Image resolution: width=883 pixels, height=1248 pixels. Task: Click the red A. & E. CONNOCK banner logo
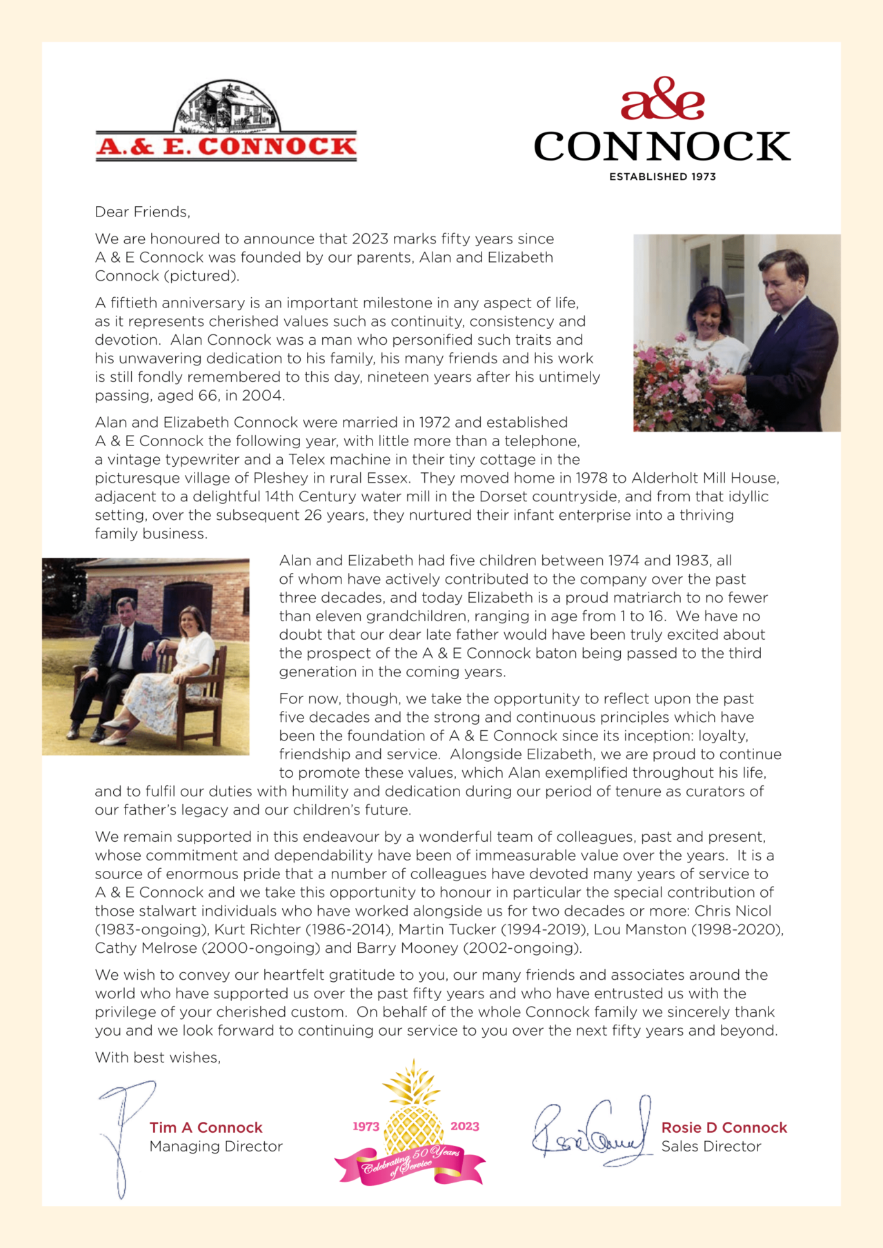(226, 146)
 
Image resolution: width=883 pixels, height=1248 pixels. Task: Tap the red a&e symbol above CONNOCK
(662, 99)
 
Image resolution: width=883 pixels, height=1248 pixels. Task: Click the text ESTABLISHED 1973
(662, 177)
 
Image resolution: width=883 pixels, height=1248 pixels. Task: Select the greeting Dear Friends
(142, 212)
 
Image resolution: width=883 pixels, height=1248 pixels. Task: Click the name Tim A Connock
(206, 1127)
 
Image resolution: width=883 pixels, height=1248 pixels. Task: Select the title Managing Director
(216, 1146)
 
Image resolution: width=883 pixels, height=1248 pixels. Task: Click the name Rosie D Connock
(724, 1127)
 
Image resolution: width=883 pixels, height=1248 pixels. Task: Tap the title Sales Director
(711, 1146)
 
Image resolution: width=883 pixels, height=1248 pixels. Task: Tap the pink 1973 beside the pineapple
(366, 1126)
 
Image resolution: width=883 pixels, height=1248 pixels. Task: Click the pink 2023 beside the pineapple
(464, 1126)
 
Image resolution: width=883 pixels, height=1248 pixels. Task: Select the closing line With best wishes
(158, 1057)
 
